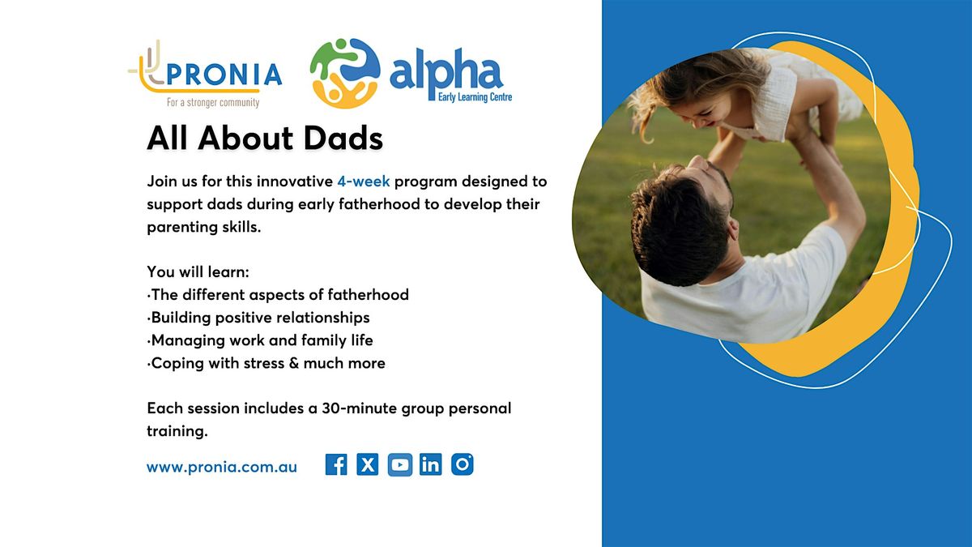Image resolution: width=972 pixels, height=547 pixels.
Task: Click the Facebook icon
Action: click(x=336, y=464)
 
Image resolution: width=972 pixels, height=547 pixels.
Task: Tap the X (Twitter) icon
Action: click(x=368, y=464)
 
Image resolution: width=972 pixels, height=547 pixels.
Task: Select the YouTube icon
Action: click(x=399, y=464)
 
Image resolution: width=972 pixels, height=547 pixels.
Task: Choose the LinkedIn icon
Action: click(x=430, y=464)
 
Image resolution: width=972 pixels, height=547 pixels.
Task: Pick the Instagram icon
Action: click(x=463, y=464)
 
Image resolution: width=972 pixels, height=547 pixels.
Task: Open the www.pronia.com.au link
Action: click(x=222, y=468)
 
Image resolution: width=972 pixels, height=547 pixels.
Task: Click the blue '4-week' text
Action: click(x=363, y=181)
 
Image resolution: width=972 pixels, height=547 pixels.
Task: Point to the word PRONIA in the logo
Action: click(x=224, y=75)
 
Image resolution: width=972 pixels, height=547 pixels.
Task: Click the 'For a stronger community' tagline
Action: click(x=213, y=102)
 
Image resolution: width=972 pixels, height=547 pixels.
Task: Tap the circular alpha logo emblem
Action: click(x=345, y=73)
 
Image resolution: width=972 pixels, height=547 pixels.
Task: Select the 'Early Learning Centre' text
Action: click(x=475, y=96)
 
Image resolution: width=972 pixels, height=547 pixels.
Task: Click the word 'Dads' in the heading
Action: click(x=343, y=138)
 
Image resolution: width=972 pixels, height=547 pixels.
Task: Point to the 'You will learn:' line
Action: click(x=198, y=271)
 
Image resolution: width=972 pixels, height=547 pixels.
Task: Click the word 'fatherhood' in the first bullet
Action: click(x=368, y=295)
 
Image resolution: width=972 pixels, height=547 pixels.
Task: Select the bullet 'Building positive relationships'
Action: click(x=258, y=318)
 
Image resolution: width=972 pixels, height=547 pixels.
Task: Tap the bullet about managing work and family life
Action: click(x=260, y=340)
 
